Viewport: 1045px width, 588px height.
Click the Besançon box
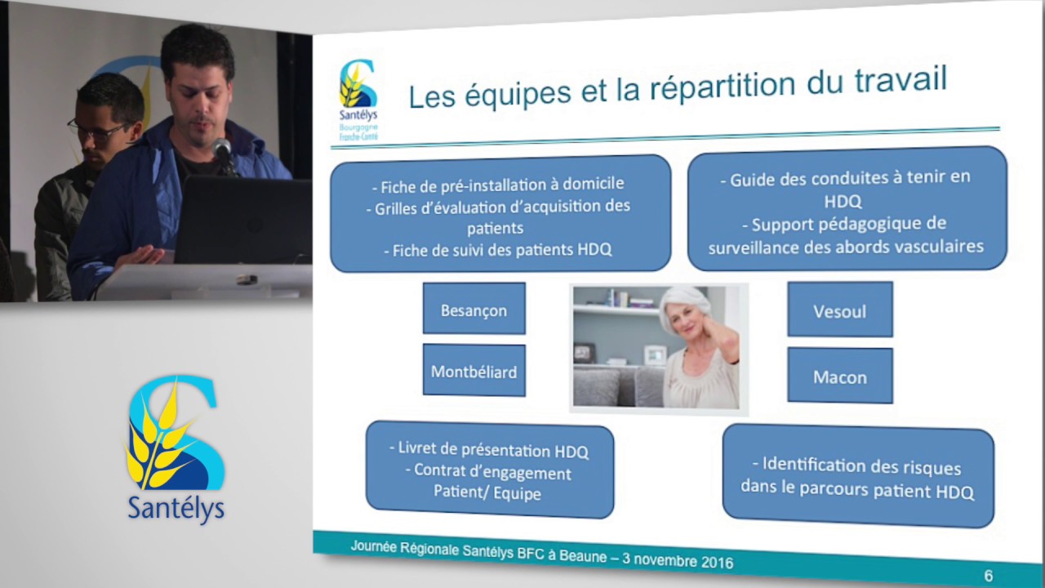[x=474, y=310]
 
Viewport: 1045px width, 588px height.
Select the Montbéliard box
[x=474, y=372]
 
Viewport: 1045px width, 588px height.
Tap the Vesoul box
[x=839, y=311]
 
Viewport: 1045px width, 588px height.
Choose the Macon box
[x=839, y=377]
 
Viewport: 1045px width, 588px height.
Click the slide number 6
[x=988, y=576]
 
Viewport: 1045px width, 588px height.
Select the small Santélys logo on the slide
[x=358, y=94]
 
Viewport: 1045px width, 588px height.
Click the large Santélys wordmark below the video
[x=176, y=507]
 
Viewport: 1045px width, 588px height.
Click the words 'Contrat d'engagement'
[x=492, y=471]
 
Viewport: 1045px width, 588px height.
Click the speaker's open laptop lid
[x=242, y=220]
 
